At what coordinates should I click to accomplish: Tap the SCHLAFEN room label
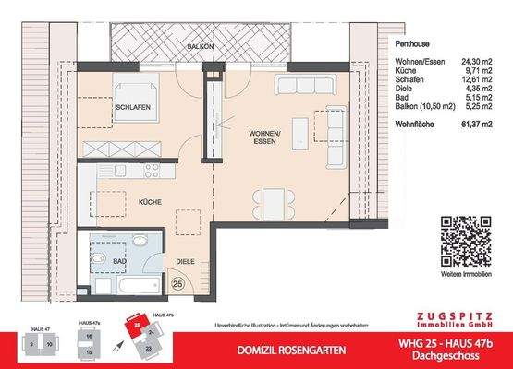pos(133,107)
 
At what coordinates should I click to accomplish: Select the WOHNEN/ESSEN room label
pos(264,138)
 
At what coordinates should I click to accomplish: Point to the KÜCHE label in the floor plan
pos(152,200)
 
